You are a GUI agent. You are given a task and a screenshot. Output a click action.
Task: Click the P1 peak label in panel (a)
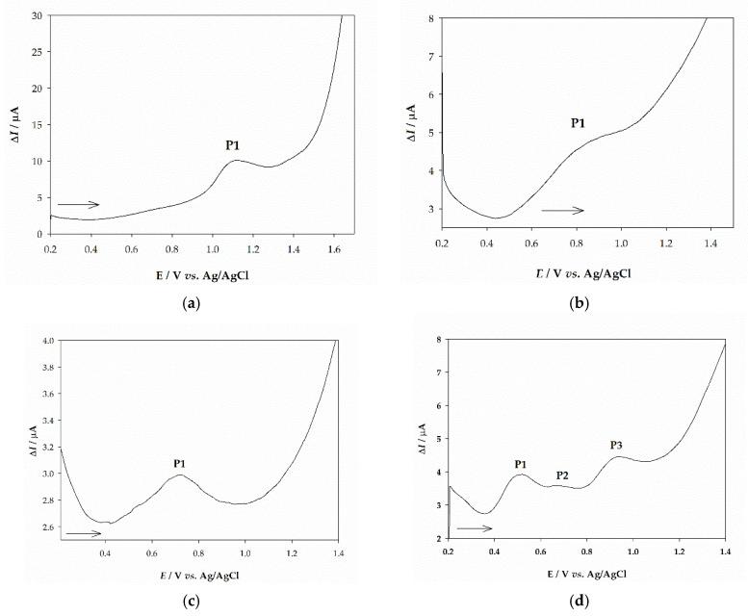(234, 145)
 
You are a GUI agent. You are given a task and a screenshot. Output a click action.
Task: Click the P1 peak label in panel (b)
(579, 123)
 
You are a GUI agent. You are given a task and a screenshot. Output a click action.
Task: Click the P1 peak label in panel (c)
(179, 464)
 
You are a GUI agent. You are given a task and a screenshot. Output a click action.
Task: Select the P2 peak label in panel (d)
(562, 475)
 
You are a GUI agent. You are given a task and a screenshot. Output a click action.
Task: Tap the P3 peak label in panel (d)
(617, 445)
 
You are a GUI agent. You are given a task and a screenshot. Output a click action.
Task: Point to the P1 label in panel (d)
(521, 465)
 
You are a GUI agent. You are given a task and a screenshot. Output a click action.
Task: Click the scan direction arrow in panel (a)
(78, 204)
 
